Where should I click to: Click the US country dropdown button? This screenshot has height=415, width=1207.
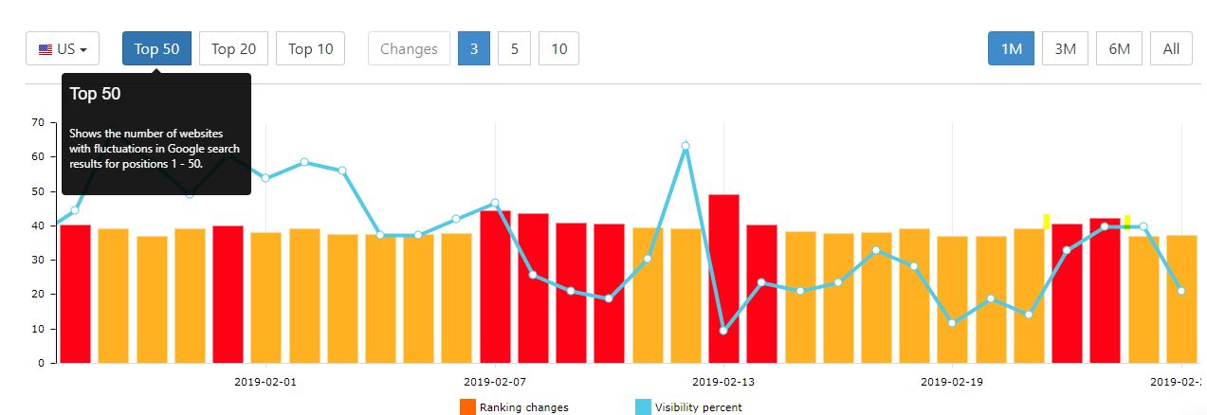[63, 49]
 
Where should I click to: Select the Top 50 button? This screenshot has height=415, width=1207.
[156, 49]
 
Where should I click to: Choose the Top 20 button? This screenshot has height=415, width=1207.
[233, 49]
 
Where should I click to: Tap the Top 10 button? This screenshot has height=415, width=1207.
[310, 49]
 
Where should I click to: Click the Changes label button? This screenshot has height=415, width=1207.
[409, 49]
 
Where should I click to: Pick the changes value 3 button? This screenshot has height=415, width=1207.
[473, 49]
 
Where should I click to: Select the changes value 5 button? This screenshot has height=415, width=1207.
[514, 49]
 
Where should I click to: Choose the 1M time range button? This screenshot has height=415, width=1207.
[1011, 49]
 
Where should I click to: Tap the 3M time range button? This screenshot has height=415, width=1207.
[1065, 49]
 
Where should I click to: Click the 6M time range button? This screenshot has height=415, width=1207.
[1119, 49]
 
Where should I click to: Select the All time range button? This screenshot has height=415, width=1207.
[1171, 49]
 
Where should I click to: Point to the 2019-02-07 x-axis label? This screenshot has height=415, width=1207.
[495, 383]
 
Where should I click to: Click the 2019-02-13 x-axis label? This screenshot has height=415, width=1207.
[723, 383]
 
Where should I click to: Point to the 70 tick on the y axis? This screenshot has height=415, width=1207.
[38, 122]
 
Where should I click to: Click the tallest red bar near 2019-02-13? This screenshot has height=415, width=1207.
[723, 279]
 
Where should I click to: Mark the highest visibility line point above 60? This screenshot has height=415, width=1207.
[685, 146]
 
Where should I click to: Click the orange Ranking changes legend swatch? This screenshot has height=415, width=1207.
[466, 407]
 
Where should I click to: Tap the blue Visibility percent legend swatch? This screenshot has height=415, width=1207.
[643, 407]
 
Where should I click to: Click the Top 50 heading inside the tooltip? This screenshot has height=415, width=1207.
[95, 94]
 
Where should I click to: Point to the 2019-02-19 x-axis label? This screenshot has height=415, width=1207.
[953, 383]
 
